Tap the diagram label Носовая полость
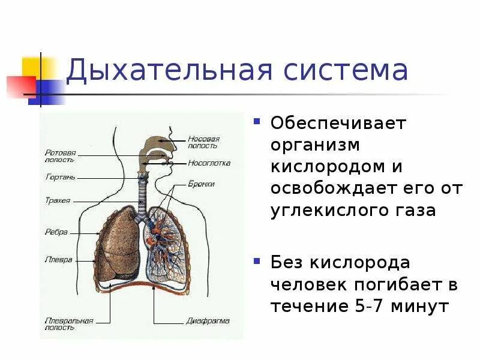[203, 142]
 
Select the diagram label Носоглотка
[209, 163]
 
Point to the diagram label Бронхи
[200, 184]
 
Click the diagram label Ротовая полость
[61, 156]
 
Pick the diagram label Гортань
[59, 177]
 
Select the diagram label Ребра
[56, 232]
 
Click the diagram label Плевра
[58, 260]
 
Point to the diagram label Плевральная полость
[69, 324]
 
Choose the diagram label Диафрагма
[208, 320]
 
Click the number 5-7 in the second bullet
[366, 306]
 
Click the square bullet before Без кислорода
[257, 261]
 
